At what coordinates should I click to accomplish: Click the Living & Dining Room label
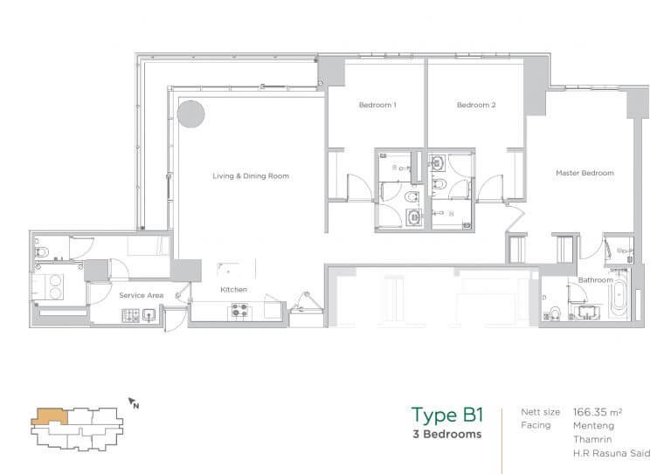pos(251,175)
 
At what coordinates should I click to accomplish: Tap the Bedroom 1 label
pos(377,105)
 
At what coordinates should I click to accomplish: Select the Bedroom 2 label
pos(476,105)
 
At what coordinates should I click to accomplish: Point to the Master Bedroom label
pos(585,173)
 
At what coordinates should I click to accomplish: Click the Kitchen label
pos(233,289)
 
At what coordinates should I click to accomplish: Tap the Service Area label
pos(142,295)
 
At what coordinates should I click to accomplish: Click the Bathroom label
pos(595,280)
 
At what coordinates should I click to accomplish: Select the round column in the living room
pos(190,114)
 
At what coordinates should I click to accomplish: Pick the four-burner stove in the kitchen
pos(239,310)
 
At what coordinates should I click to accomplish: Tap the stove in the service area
pos(130,315)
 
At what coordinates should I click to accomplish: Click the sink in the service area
pos(149,315)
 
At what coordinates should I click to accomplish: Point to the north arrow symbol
pos(133,402)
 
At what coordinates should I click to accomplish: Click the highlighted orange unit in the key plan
pos(49,416)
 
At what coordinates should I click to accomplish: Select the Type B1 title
pos(447,415)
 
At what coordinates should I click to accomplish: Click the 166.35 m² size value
pos(598,412)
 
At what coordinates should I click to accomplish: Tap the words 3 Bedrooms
pos(447,434)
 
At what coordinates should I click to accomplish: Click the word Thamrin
pos(592,439)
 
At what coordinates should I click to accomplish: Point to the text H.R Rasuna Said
pos(612,453)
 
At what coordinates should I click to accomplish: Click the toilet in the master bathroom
pos(555,313)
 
